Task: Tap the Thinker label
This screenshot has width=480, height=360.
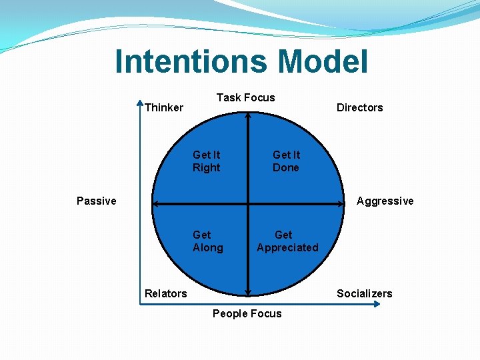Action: coord(164,107)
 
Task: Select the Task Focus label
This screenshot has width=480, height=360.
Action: coord(245,97)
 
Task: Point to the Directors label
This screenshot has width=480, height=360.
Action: coord(359,107)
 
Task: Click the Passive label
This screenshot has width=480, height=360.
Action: coord(96,201)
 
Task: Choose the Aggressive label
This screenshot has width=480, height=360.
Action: coord(385,201)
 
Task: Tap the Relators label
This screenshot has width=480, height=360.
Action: coord(166,293)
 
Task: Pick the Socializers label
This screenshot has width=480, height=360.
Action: coord(364,293)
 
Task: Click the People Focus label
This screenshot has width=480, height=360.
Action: coord(247,313)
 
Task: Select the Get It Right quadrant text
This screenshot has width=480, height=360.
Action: coord(206,161)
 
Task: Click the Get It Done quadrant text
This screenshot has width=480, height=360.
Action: coord(286,161)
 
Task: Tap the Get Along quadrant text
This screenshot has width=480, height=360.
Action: coord(207,241)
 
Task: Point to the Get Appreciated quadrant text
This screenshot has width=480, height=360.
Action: coord(287,241)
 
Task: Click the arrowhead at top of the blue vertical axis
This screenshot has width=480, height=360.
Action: coord(140,104)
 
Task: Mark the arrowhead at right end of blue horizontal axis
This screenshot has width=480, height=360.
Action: coord(377,305)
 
